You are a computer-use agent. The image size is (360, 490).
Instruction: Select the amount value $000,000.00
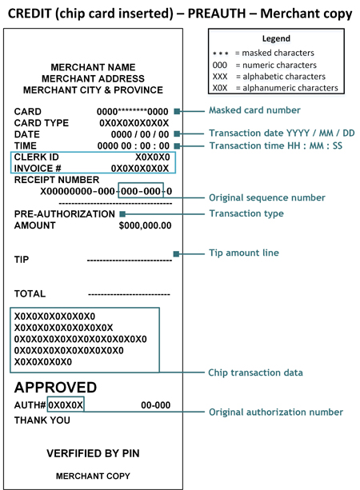coord(145,226)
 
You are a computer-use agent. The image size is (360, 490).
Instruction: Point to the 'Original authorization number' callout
coord(276,412)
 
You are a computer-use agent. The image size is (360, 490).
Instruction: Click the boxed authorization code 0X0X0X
coord(66,405)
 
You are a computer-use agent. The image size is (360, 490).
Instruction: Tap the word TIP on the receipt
coord(23,260)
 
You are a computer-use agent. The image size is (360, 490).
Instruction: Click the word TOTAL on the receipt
coord(30,294)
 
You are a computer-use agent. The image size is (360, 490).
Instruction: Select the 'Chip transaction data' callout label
coord(254,372)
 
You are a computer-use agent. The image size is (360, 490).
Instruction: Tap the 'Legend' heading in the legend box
coord(275,38)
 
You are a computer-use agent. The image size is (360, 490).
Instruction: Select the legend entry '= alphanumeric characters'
coord(290,87)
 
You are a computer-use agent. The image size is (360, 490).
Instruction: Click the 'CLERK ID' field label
coord(37,157)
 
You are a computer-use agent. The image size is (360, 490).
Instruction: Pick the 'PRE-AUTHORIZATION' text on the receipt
coord(65,214)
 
